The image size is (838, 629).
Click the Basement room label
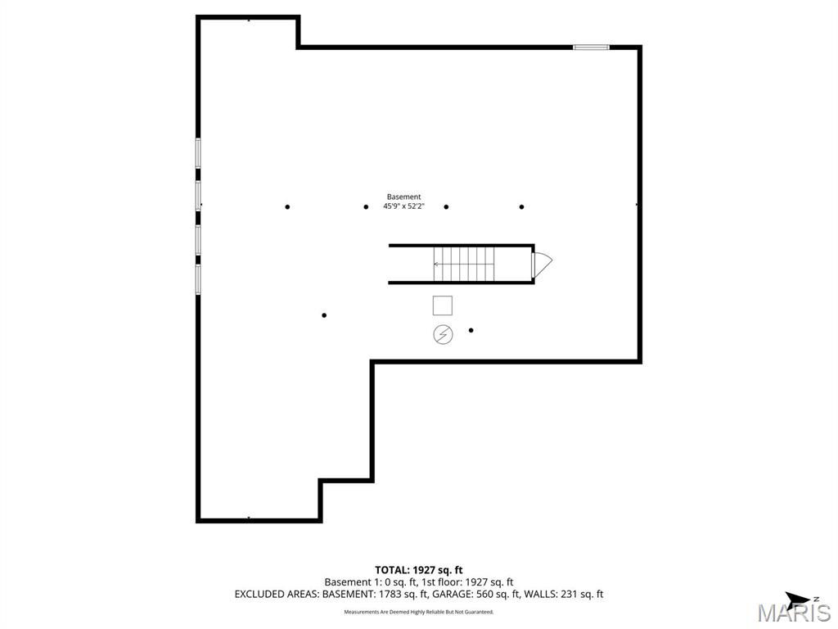(x=403, y=197)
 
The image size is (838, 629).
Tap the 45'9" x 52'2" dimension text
(x=403, y=206)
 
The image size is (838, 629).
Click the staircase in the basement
(x=463, y=264)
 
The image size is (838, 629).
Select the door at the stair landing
(x=541, y=264)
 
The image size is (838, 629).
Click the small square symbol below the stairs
(x=442, y=305)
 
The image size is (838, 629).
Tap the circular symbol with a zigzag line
(x=442, y=334)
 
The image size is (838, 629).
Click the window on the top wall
(x=591, y=47)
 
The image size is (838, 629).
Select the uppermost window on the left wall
(x=198, y=153)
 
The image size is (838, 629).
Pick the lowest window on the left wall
(x=198, y=278)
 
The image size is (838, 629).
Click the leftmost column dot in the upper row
(x=287, y=206)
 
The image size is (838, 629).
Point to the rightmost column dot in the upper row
(x=521, y=206)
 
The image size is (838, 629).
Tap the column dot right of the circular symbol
(x=471, y=330)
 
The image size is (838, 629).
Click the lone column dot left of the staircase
(x=324, y=315)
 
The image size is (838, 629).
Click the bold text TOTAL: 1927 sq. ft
(x=419, y=569)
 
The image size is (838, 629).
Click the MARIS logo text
(x=794, y=613)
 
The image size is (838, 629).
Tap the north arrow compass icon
(x=797, y=599)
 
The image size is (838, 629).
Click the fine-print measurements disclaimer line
(x=419, y=612)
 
